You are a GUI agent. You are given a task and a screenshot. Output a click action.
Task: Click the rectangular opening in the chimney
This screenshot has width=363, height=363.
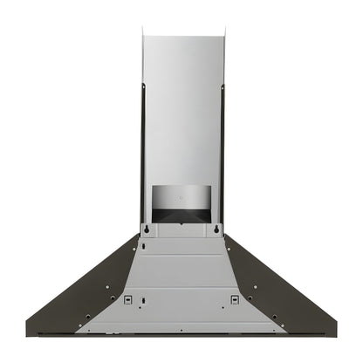181,202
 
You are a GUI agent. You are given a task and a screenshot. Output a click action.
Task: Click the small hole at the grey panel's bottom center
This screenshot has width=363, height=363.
181,330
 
